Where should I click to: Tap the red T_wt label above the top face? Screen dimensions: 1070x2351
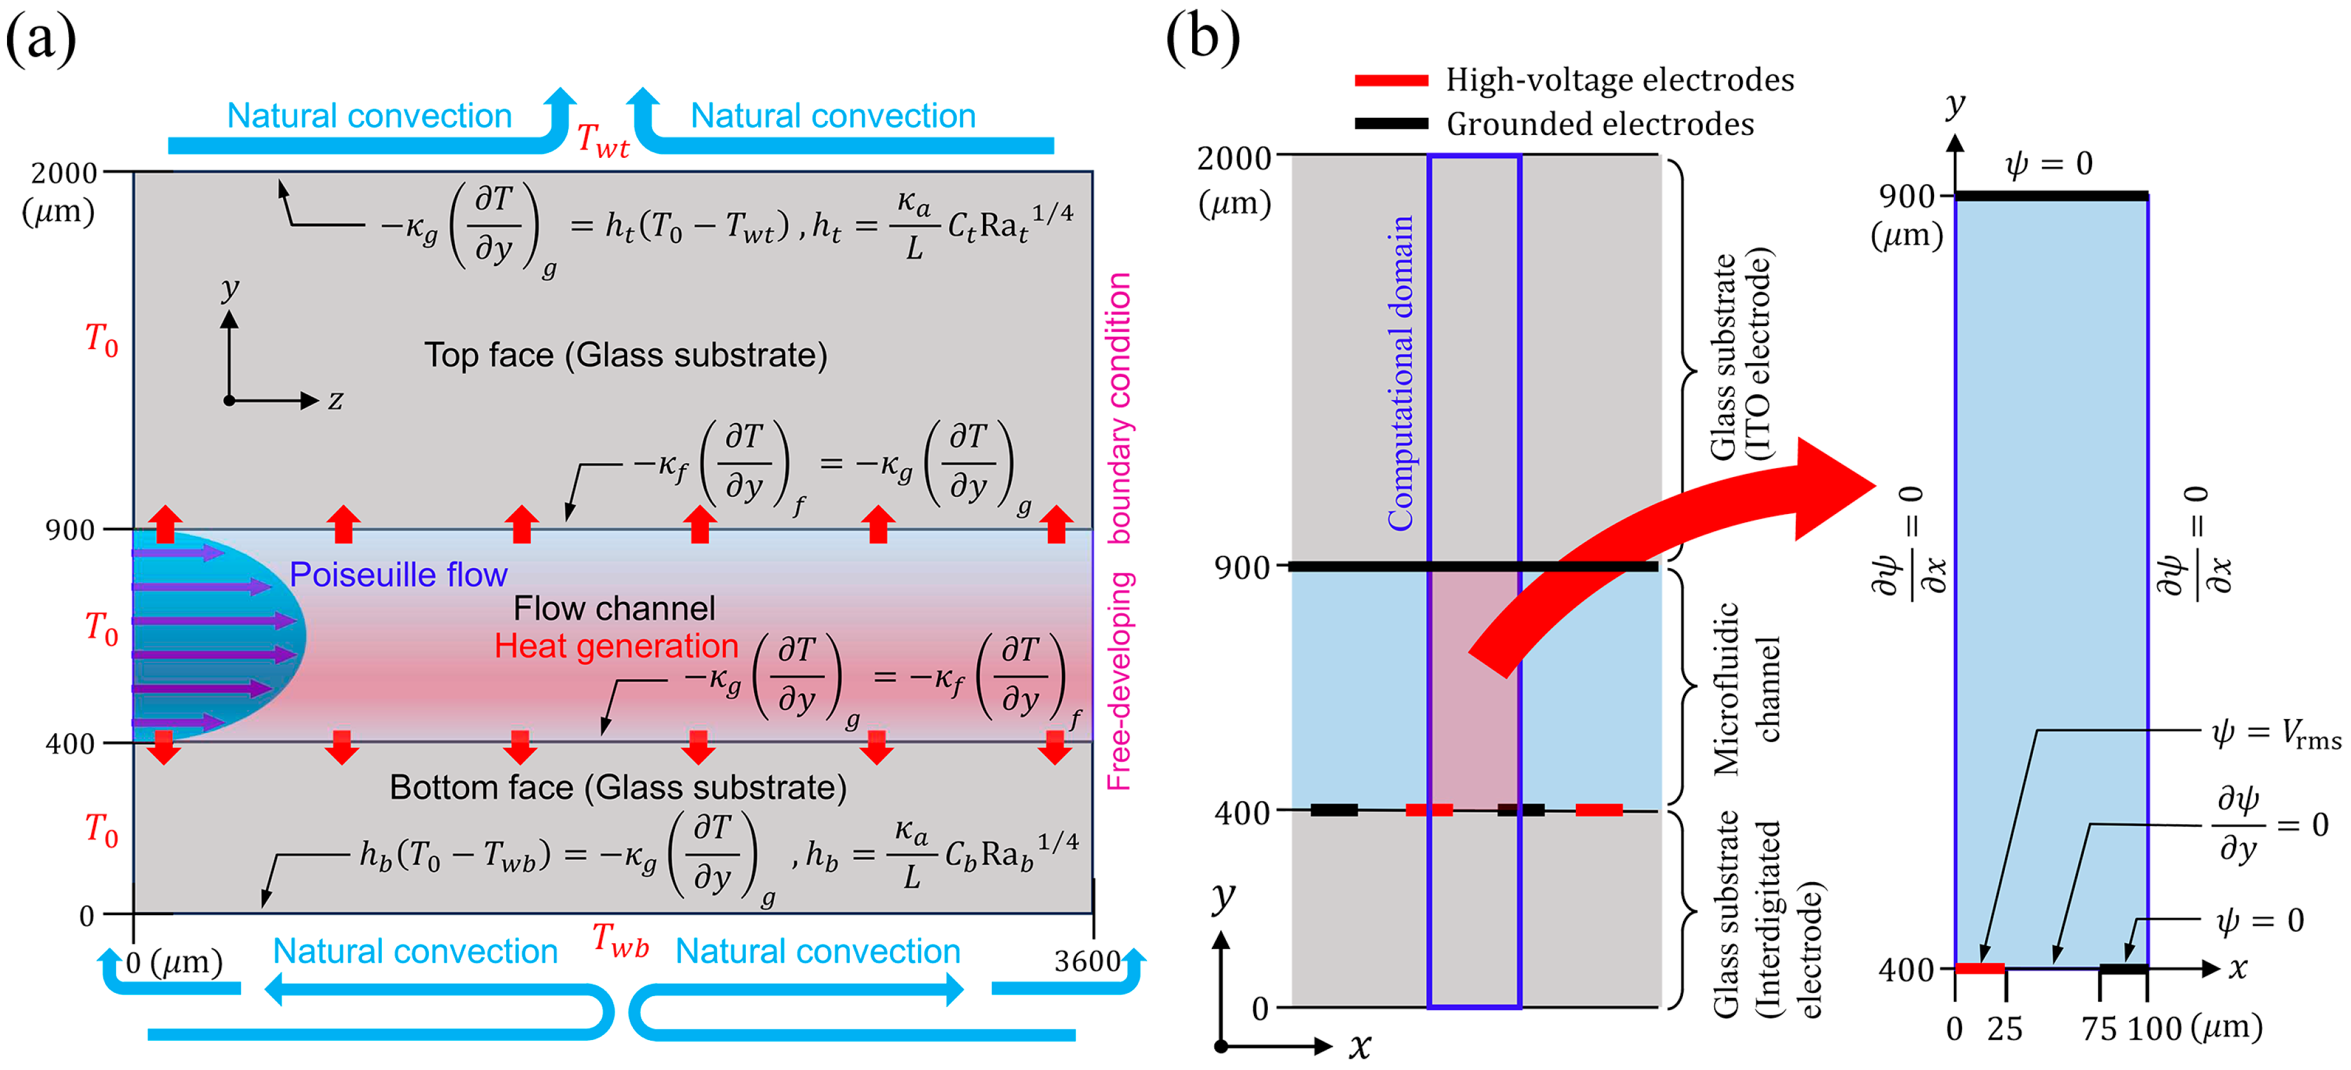coord(603,141)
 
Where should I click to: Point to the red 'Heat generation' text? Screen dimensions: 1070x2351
coord(616,646)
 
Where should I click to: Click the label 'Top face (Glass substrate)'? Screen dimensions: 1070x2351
coord(625,355)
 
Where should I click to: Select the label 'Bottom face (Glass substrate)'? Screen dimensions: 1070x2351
coord(618,787)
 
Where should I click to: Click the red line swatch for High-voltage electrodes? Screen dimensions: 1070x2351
coord(1391,80)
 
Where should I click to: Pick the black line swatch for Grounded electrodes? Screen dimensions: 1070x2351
coord(1391,123)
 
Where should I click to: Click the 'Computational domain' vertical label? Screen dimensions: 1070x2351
coord(1401,373)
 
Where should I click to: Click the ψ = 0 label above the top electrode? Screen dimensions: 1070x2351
coord(2049,164)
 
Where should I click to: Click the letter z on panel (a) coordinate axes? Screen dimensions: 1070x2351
coord(336,399)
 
